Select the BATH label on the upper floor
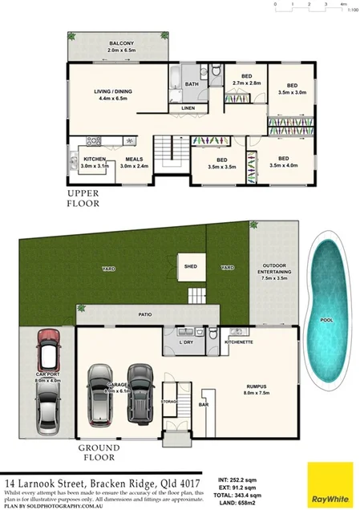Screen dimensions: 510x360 tap(192, 83)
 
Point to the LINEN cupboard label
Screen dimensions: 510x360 tap(188, 107)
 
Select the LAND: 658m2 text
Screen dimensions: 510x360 tap(241, 504)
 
